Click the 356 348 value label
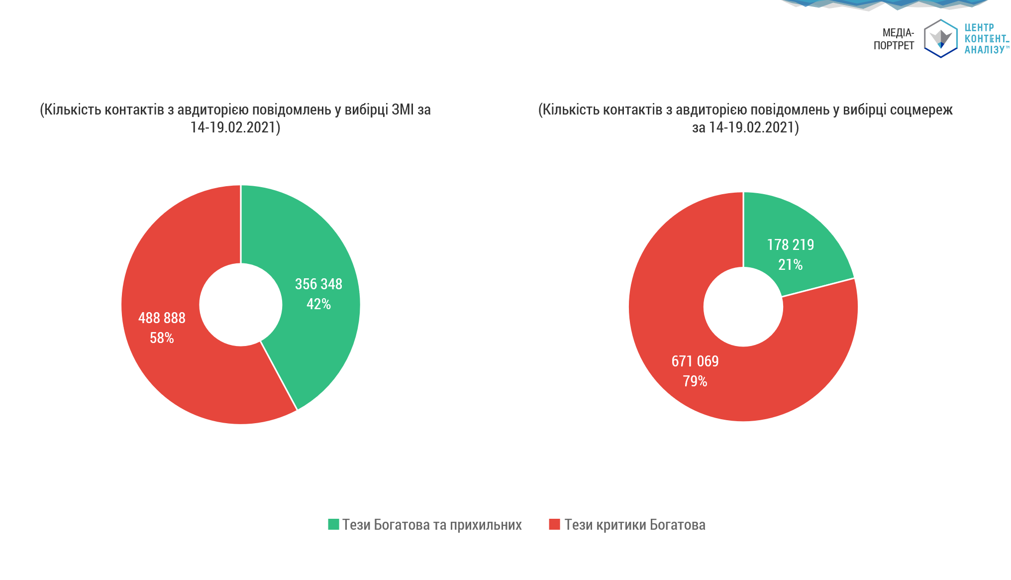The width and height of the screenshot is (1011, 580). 318,284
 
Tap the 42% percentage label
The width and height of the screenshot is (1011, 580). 318,304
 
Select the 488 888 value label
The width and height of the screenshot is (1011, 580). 162,318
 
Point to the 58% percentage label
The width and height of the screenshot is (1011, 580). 162,338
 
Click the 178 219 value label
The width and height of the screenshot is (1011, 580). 791,245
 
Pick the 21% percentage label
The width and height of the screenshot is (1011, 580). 791,265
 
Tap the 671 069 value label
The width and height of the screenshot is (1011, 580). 695,361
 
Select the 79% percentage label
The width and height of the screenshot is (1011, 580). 695,381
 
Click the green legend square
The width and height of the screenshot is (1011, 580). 333,524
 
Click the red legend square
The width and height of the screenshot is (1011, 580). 554,524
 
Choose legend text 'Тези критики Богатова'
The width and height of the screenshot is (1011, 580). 635,525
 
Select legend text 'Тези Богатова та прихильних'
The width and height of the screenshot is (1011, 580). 432,525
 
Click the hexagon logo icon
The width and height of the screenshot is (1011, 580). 941,38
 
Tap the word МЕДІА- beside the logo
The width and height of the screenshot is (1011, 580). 898,33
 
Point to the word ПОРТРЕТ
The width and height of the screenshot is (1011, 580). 894,46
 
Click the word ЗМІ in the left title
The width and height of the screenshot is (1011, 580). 403,110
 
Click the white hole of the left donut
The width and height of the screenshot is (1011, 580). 241,305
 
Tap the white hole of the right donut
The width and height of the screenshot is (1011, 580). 743,307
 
